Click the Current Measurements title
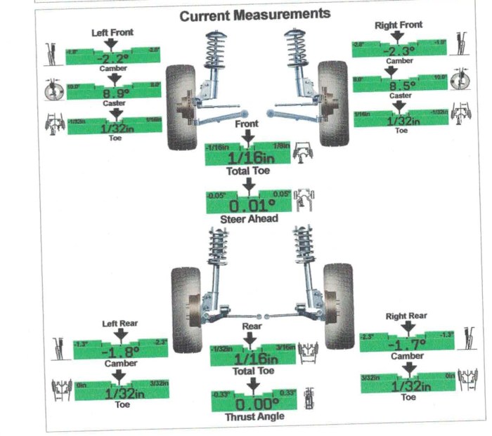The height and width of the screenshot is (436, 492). click(254, 14)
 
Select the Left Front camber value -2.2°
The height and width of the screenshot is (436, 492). click(114, 59)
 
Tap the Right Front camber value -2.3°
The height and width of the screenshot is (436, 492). click(399, 51)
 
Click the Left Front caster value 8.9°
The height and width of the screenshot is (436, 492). click(115, 93)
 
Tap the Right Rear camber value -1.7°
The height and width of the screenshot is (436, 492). click(406, 345)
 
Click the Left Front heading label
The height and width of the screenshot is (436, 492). click(112, 32)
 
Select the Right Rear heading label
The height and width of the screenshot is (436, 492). click(406, 317)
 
